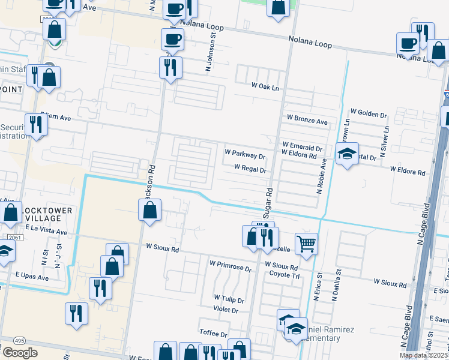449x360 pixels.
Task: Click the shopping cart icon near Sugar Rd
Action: click(x=306, y=244)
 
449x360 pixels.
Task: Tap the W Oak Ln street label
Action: click(x=266, y=87)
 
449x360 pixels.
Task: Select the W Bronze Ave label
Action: click(x=307, y=121)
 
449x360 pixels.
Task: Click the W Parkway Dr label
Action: click(x=245, y=155)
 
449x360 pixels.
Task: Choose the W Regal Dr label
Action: click(x=250, y=169)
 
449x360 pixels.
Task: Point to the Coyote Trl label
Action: click(x=284, y=275)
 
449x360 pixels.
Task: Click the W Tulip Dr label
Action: click(x=229, y=299)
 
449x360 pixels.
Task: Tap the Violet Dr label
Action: click(x=226, y=310)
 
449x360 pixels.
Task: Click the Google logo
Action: click(x=20, y=353)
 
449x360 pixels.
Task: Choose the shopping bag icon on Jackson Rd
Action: click(x=149, y=210)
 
